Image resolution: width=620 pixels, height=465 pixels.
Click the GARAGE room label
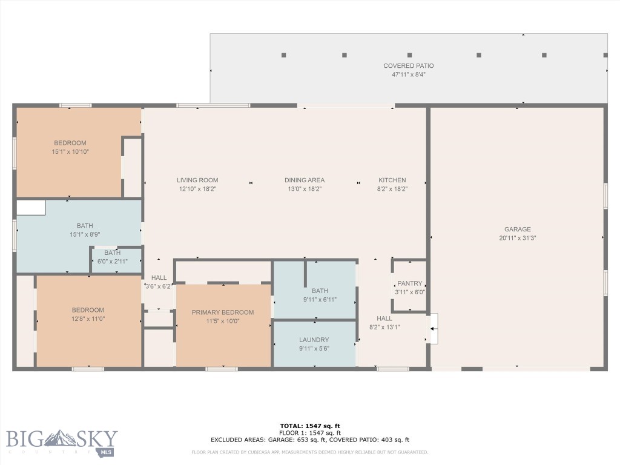517,229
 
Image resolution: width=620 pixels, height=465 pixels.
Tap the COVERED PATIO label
408,66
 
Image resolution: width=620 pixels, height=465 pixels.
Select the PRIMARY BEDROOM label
223,312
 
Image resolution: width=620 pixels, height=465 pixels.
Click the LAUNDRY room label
314,340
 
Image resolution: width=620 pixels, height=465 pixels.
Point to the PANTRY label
409,283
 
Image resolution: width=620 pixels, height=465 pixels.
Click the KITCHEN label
392,180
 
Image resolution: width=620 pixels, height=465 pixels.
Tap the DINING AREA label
305,180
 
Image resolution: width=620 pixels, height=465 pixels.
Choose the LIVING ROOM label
197,180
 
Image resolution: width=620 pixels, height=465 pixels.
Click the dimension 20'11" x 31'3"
517,238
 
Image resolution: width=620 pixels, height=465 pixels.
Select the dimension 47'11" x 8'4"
408,74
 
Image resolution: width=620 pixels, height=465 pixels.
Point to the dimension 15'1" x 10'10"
70,152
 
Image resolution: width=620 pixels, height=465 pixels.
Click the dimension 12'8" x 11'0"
88,318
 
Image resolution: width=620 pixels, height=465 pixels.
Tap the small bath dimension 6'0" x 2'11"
112,262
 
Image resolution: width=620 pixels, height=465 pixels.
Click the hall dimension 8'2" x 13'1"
384,327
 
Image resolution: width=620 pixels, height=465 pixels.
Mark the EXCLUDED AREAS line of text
310,440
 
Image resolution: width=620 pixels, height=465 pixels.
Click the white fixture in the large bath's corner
31,208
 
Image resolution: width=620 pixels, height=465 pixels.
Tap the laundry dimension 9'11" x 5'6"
314,349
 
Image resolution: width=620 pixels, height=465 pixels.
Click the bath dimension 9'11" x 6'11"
320,299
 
